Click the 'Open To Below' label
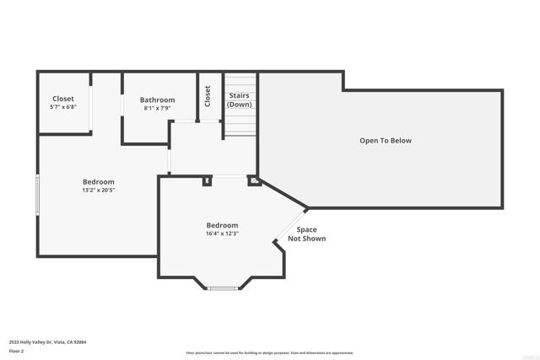click(x=385, y=141)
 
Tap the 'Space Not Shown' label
click(x=306, y=234)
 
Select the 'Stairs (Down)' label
click(x=240, y=100)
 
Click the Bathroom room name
click(x=157, y=100)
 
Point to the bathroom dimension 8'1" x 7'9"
click(x=157, y=109)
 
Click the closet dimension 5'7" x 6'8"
click(x=63, y=108)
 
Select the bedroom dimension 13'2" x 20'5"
click(x=98, y=191)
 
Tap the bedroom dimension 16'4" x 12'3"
click(x=222, y=234)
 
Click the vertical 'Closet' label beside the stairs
click(x=208, y=96)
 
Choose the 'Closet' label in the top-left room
click(x=63, y=99)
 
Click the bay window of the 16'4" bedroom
click(x=222, y=288)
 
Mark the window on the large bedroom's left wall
click(x=37, y=195)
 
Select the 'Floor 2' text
click(x=17, y=351)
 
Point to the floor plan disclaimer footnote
click(x=270, y=353)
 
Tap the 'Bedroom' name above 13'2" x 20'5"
click(x=98, y=182)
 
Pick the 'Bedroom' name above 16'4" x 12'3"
click(x=222, y=225)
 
